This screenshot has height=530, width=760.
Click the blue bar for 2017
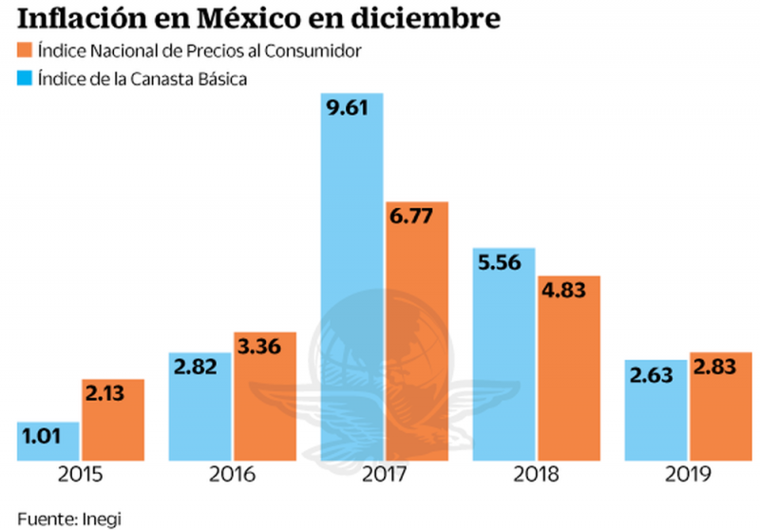coord(352,285)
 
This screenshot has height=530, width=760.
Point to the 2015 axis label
coord(80,476)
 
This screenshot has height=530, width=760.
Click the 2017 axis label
coord(384,476)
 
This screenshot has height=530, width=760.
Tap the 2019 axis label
coord(688,476)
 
